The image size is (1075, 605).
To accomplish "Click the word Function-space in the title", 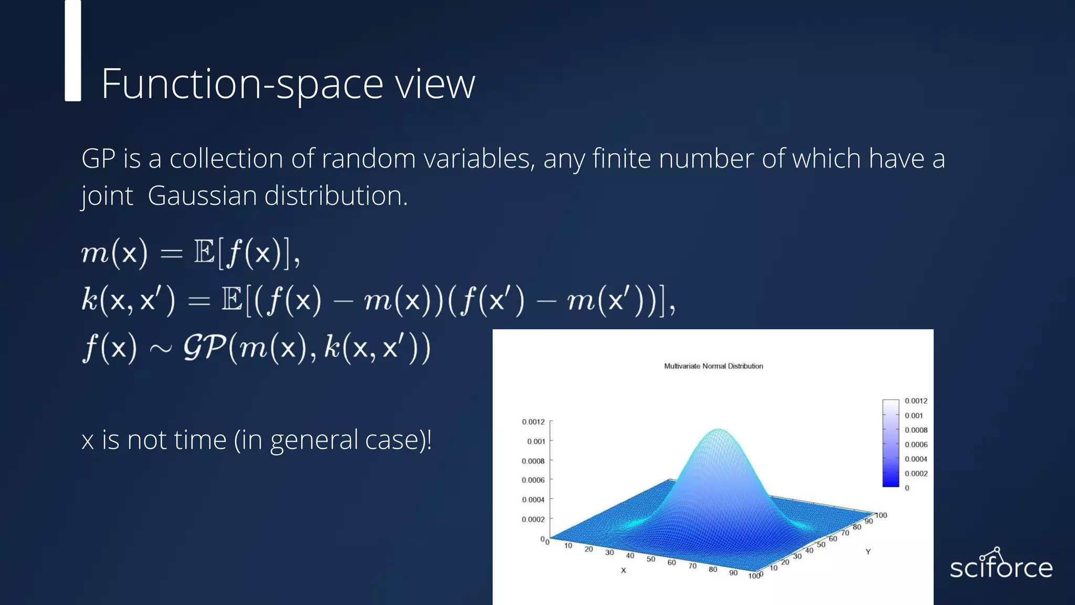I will (241, 84).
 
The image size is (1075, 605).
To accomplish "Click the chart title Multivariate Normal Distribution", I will (713, 366).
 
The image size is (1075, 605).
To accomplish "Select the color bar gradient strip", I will (891, 443).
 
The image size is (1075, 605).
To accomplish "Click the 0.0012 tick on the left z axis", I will (533, 422).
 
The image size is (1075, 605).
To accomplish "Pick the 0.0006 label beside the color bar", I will (916, 444).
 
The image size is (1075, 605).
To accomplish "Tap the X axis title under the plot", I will (624, 570).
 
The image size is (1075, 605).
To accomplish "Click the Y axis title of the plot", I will (868, 551).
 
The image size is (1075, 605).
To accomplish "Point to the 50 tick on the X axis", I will (651, 559).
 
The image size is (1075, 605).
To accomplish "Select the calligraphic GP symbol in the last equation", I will (205, 348).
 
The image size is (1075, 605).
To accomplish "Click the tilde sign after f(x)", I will (160, 349).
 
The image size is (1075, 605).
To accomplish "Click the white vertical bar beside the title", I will (73, 50).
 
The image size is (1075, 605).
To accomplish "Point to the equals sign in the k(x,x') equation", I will (199, 301).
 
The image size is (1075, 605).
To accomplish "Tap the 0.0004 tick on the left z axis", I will (533, 499).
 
